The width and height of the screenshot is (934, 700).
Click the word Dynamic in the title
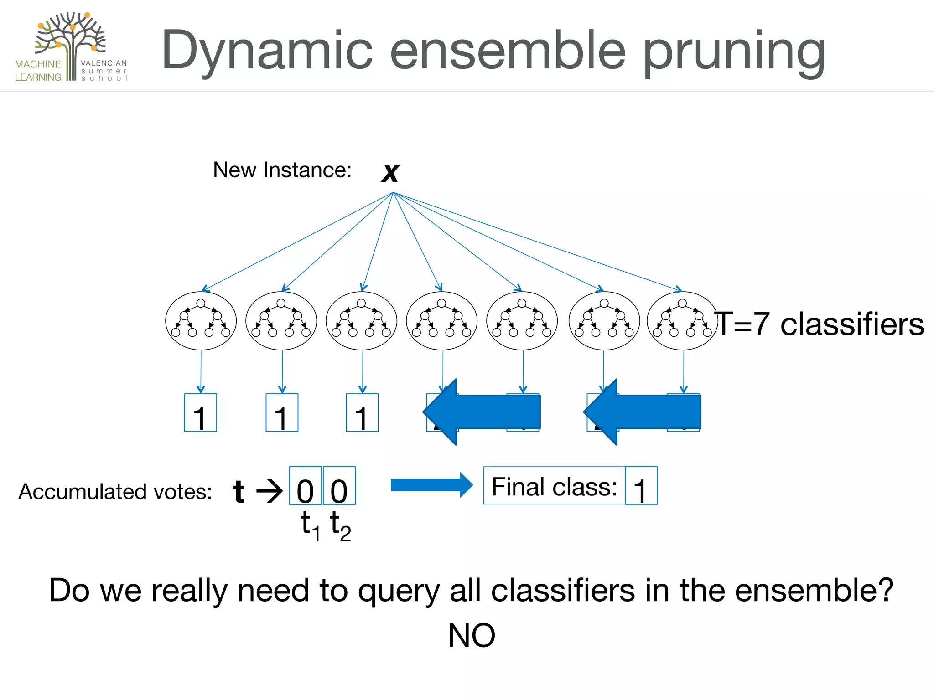pyautogui.click(x=267, y=51)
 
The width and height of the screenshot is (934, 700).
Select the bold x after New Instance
pyautogui.click(x=390, y=172)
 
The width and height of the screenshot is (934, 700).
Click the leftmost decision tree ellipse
pyautogui.click(x=201, y=321)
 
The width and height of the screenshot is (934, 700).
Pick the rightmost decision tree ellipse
pyautogui.click(x=682, y=321)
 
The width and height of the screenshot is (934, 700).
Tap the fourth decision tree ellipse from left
pyautogui.click(x=441, y=321)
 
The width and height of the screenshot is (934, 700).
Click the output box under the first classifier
pyautogui.click(x=200, y=413)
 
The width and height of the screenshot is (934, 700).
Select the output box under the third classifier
pyautogui.click(x=362, y=413)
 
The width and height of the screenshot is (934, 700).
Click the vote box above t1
pyautogui.click(x=306, y=486)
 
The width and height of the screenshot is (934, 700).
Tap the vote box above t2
pyautogui.click(x=339, y=486)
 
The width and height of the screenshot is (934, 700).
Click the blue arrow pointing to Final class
pyautogui.click(x=431, y=485)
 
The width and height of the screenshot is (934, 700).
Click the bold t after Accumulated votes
pyautogui.click(x=239, y=491)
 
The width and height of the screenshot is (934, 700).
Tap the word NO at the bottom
pyautogui.click(x=471, y=635)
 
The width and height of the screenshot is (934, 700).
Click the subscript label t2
pyautogui.click(x=340, y=525)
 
